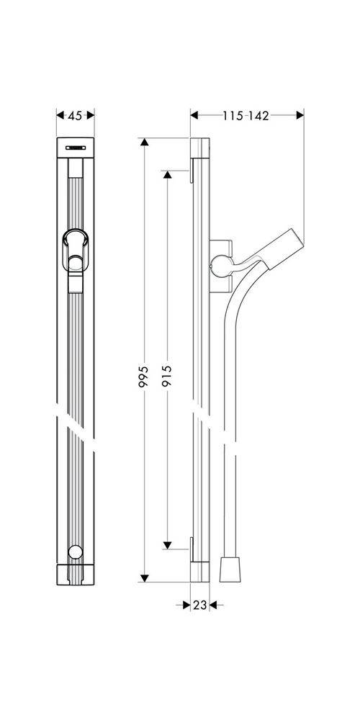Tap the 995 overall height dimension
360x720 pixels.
pyautogui.click(x=144, y=378)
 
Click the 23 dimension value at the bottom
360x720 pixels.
pyautogui.click(x=199, y=606)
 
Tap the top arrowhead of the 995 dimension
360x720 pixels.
pyautogui.click(x=144, y=143)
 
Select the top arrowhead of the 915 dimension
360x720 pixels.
pyautogui.click(x=167, y=175)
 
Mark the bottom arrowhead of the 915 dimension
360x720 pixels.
pyautogui.click(x=167, y=544)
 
